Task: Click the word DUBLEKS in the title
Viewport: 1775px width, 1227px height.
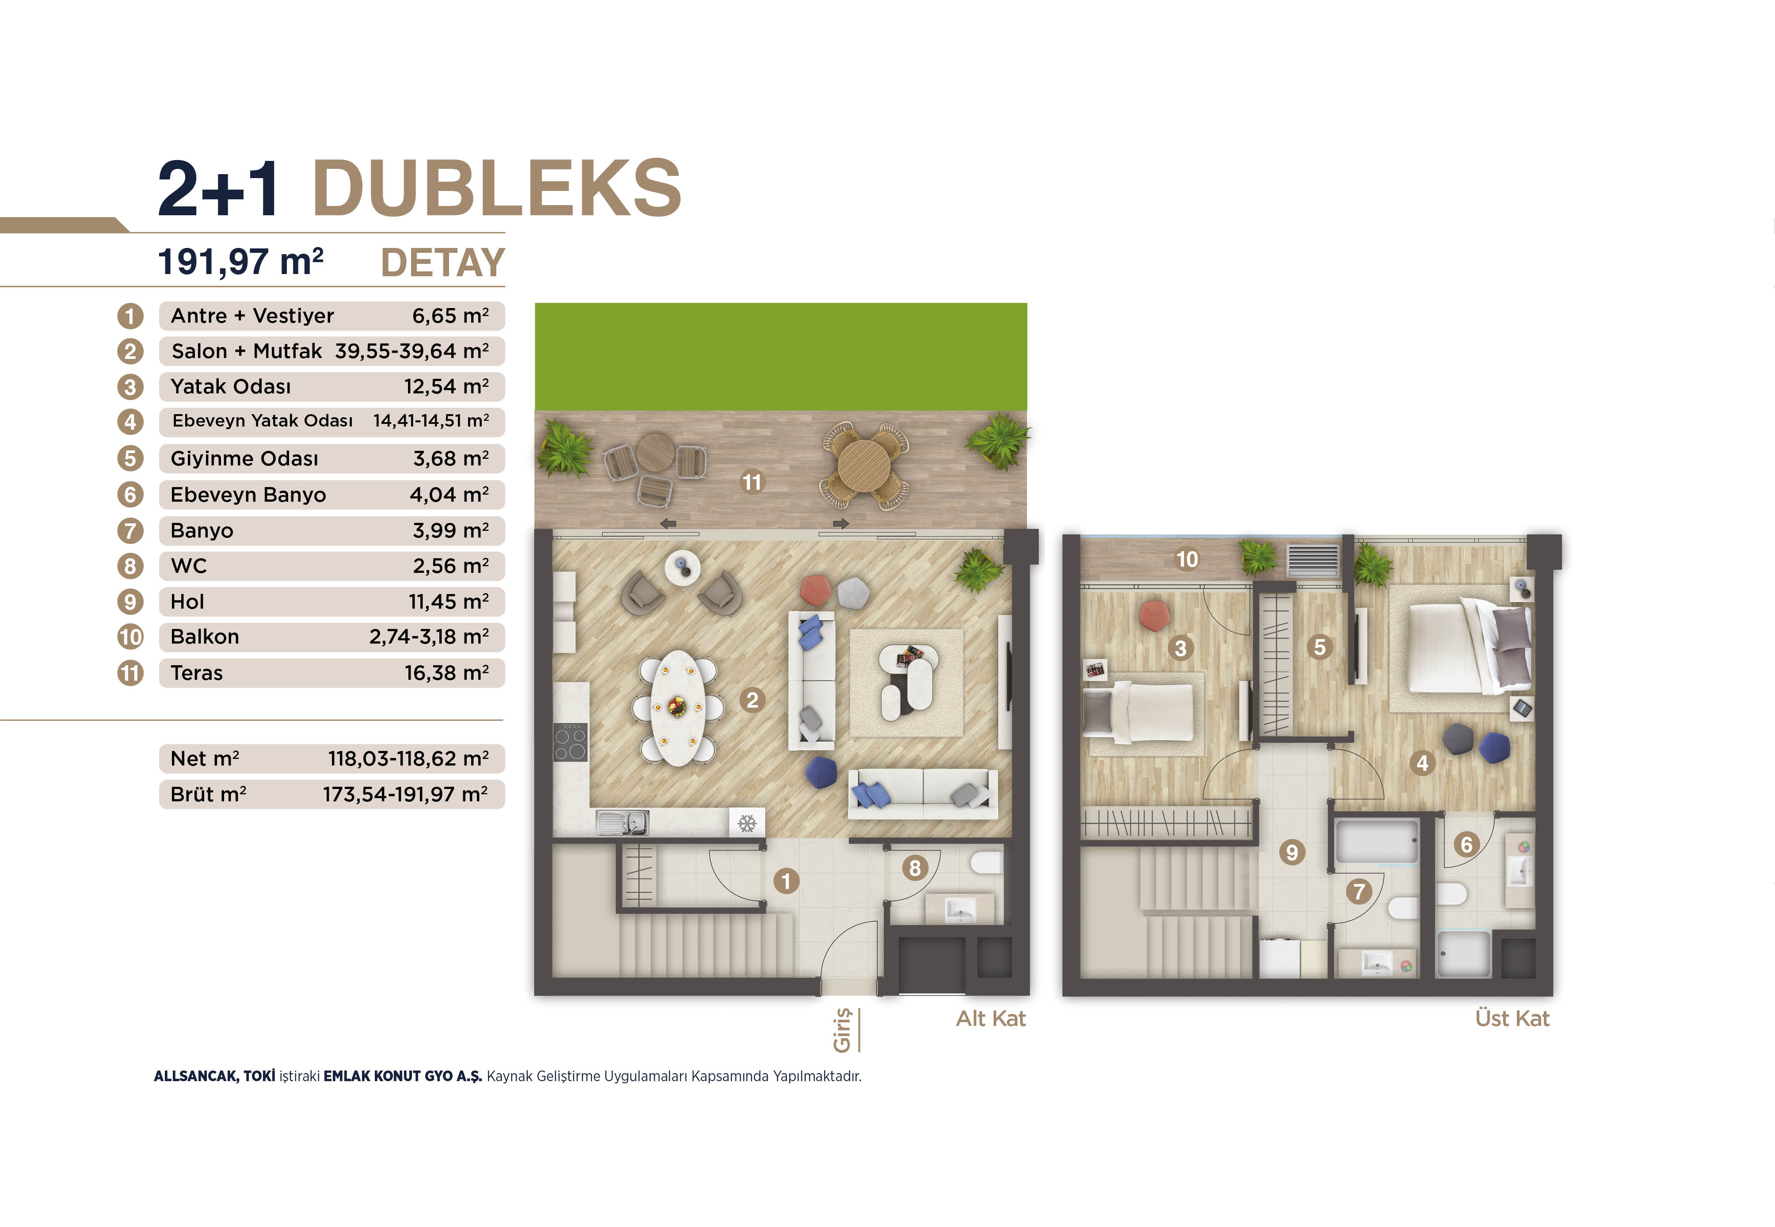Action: [x=497, y=188]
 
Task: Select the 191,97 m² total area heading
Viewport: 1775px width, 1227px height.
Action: [x=240, y=261]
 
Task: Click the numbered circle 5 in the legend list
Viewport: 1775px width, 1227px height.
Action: [x=130, y=458]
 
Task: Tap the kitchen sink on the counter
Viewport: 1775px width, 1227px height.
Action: [x=623, y=823]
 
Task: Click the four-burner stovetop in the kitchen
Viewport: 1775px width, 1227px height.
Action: [x=571, y=742]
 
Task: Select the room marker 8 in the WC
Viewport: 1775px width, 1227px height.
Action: [x=914, y=868]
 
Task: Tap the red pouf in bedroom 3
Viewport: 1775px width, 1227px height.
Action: [x=1154, y=616]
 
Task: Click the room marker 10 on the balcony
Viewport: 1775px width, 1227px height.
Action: [x=1187, y=559]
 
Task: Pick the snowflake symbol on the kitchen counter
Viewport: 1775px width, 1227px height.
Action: [x=747, y=823]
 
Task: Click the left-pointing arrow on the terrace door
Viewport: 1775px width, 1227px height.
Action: [x=668, y=523]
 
